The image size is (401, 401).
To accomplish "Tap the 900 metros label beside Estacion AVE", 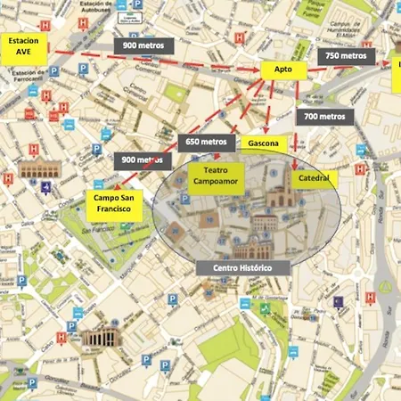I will point(141,45).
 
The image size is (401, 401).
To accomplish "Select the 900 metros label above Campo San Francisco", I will point(143,160).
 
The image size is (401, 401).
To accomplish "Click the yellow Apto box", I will point(283,70).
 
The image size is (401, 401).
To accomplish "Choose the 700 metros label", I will point(324,117).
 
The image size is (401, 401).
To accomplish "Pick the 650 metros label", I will point(207,141).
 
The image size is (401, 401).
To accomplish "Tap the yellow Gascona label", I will point(265,143).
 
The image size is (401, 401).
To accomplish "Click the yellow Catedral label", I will point(314,178).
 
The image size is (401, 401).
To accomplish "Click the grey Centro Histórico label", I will point(242,267).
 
